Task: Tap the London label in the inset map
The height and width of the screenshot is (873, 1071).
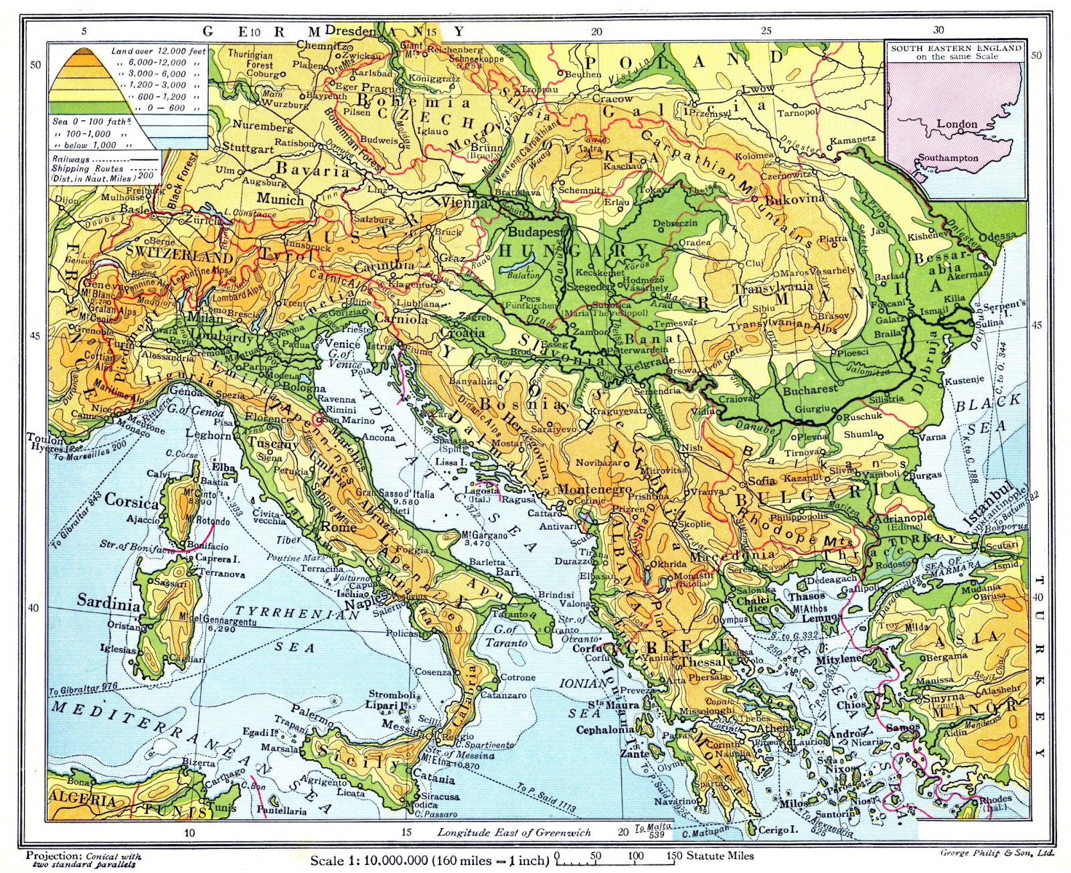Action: coord(957,124)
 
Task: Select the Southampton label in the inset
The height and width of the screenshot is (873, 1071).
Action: coord(948,159)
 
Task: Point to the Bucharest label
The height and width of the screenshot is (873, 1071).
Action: coord(810,388)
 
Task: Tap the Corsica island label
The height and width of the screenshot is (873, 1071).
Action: coord(132,501)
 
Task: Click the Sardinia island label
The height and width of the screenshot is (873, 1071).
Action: coord(108,601)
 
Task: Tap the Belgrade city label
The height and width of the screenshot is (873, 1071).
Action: coord(650,360)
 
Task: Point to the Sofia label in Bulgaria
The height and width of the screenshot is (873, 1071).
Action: coord(761,481)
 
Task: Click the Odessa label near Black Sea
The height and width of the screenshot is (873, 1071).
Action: coord(997,238)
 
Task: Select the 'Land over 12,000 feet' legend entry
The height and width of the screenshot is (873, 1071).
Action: coord(159,51)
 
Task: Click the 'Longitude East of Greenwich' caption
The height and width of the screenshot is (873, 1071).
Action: coord(514,832)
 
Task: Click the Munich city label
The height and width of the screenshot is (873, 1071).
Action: coord(280,199)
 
